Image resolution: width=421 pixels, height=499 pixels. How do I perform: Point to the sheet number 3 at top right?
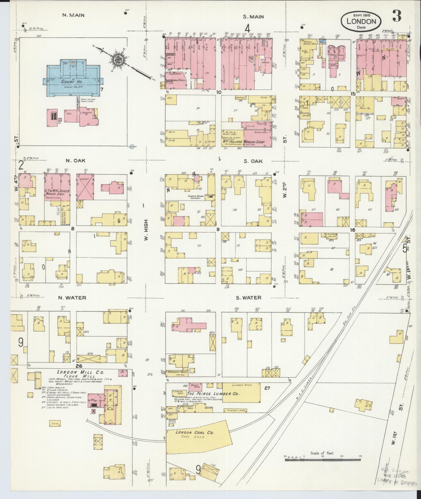397,16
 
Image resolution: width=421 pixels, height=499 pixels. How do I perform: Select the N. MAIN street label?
73,15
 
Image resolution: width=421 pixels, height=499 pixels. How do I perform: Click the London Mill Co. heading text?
80,372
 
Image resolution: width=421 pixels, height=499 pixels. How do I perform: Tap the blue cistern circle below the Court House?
132,147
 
